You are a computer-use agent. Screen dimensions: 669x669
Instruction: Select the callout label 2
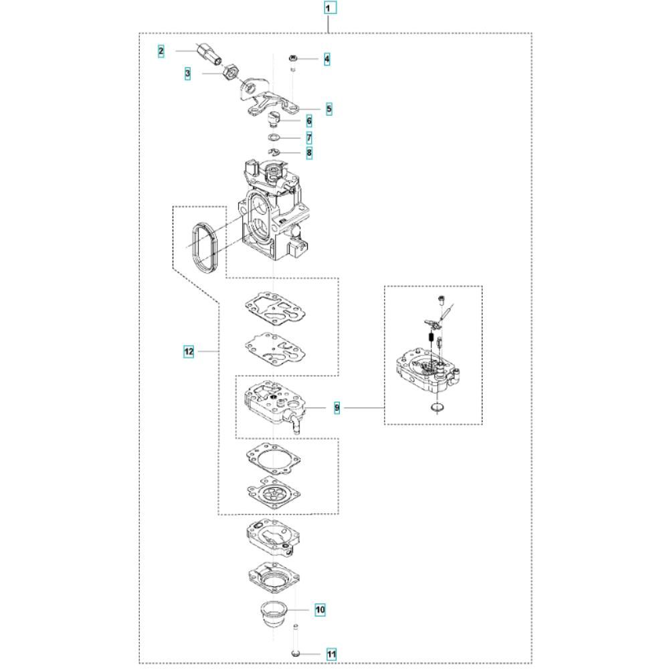click(161, 52)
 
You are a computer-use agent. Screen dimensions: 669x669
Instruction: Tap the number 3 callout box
click(188, 74)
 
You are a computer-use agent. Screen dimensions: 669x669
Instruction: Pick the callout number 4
click(327, 59)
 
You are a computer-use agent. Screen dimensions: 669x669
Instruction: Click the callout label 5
click(329, 109)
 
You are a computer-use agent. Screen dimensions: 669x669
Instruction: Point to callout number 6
click(309, 121)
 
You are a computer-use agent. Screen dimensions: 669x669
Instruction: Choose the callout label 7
click(309, 138)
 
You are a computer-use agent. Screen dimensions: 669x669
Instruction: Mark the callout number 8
click(309, 153)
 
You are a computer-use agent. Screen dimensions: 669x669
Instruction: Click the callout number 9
click(337, 408)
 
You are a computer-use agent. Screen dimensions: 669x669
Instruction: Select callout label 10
click(320, 609)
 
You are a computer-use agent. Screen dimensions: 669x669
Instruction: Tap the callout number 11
click(332, 654)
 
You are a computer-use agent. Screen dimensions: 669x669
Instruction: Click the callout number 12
click(189, 352)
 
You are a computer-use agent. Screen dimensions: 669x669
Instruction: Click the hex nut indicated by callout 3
click(230, 72)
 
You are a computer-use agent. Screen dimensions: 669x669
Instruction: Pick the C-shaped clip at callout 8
click(274, 152)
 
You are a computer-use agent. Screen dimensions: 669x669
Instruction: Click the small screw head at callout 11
click(295, 654)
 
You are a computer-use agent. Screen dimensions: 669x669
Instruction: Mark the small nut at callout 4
click(293, 58)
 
